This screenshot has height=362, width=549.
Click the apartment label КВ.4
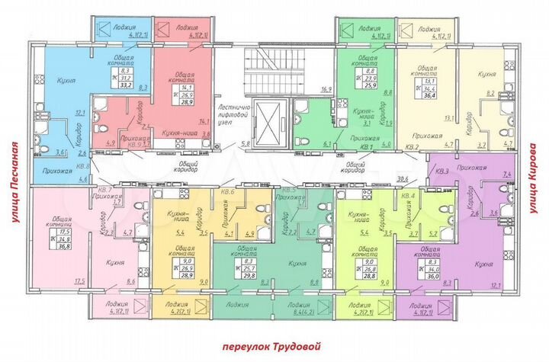[x=408, y=196]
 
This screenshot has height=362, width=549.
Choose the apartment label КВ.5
[x=288, y=190]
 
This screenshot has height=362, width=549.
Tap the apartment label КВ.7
[x=105, y=189]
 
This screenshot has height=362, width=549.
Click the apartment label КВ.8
[x=84, y=165]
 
